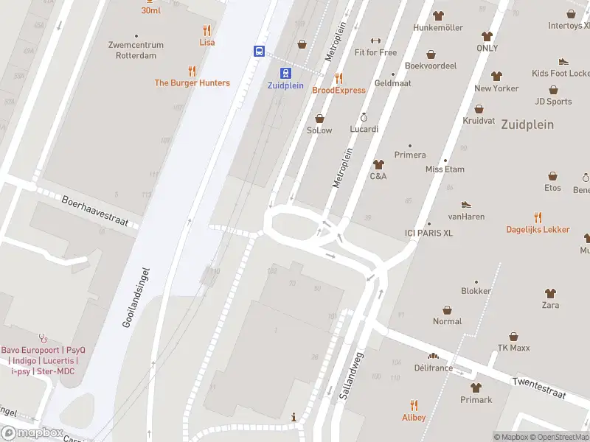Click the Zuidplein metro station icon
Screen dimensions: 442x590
pyautogui.click(x=285, y=72)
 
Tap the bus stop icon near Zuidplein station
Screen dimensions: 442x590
pyautogui.click(x=260, y=51)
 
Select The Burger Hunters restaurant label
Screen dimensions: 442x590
pyautogui.click(x=192, y=83)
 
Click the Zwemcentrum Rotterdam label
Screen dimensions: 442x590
pyautogui.click(x=136, y=49)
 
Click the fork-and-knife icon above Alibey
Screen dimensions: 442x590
pyautogui.click(x=414, y=404)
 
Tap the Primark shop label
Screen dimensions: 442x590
pyautogui.click(x=476, y=400)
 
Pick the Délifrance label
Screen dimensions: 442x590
pyautogui.click(x=433, y=367)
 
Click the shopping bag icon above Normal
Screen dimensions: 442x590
pyautogui.click(x=447, y=310)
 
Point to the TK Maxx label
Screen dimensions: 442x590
pyautogui.click(x=513, y=348)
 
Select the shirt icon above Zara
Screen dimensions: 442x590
pyautogui.click(x=549, y=293)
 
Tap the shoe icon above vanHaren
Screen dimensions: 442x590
pyautogui.click(x=465, y=205)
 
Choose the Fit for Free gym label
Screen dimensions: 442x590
pyautogui.click(x=375, y=52)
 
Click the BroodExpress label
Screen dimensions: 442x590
pyautogui.click(x=339, y=90)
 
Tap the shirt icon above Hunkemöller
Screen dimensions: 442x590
pyautogui.click(x=438, y=15)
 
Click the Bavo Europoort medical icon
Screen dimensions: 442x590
pyautogui.click(x=43, y=338)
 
